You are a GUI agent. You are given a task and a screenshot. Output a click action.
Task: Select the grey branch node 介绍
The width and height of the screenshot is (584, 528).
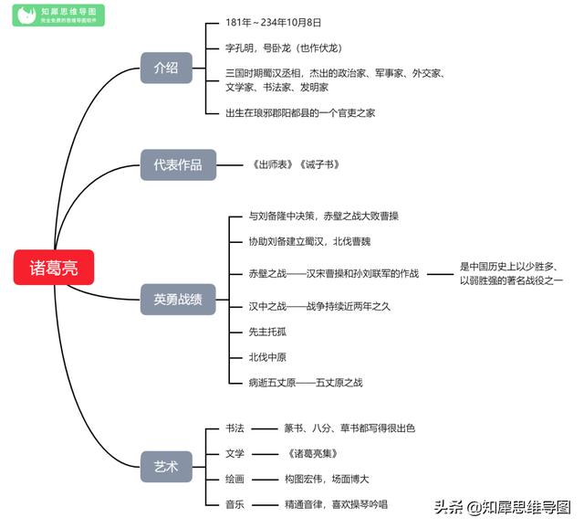(165, 68)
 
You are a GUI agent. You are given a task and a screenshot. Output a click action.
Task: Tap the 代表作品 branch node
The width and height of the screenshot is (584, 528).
(178, 165)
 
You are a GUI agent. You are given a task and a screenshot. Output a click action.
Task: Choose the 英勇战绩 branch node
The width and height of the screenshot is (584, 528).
(178, 299)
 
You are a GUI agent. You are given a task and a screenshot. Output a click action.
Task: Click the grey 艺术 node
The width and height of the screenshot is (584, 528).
(165, 467)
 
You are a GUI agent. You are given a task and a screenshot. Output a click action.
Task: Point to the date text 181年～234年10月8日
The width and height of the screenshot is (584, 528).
(274, 21)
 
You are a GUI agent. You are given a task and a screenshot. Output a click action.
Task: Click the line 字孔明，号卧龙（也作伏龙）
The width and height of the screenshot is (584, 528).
(284, 48)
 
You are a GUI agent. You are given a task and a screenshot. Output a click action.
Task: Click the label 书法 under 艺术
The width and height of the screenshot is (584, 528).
(235, 428)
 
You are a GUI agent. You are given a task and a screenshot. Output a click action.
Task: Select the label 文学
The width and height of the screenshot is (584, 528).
(235, 453)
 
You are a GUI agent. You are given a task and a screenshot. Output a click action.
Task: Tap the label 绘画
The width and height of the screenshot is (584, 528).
(235, 479)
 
